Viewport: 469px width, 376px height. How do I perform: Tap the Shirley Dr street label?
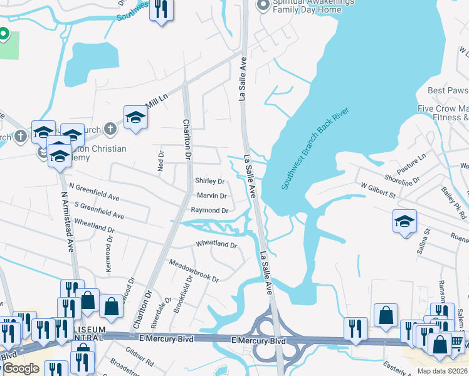(210, 182)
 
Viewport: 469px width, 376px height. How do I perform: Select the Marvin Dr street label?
(211, 196)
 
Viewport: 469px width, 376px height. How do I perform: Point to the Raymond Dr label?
(209, 211)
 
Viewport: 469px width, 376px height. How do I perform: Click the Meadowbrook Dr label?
(194, 269)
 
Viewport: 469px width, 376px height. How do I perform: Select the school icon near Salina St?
(404, 222)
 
